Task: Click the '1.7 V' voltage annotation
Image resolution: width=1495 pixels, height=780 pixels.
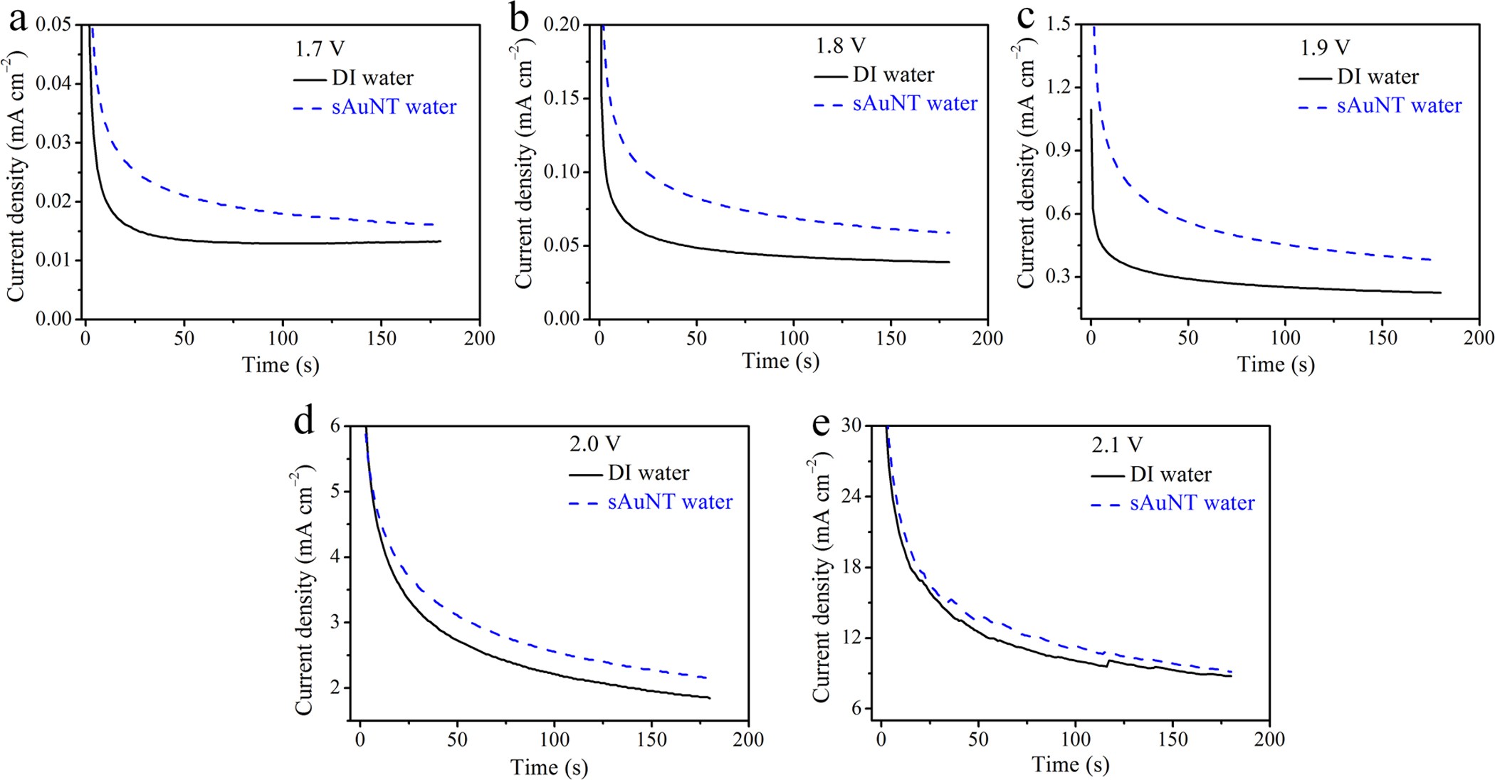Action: pos(320,48)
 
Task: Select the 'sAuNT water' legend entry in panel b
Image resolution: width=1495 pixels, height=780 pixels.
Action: pos(915,103)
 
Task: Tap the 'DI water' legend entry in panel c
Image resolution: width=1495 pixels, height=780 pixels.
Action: pos(1378,76)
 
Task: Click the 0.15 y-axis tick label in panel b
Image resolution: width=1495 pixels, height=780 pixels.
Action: pos(562,98)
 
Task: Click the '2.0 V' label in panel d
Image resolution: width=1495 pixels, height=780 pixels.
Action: pos(594,444)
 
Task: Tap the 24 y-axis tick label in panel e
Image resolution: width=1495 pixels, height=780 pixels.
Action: pos(851,496)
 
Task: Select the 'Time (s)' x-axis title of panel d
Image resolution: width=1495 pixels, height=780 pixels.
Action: pos(549,767)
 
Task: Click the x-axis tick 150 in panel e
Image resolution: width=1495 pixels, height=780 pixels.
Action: pos(1173,739)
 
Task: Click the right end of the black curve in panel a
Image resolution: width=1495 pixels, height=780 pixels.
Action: pos(440,241)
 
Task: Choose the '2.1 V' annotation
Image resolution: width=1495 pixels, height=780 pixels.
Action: pos(1116,445)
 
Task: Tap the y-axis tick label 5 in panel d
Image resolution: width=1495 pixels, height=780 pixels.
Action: pos(336,492)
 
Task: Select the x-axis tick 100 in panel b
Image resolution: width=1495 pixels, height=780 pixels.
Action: pos(793,338)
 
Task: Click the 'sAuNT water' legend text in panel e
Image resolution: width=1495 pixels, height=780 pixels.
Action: pos(1192,503)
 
